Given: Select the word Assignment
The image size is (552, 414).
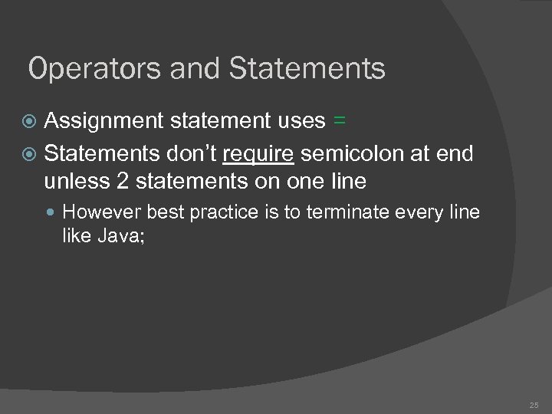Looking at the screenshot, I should point(103,121).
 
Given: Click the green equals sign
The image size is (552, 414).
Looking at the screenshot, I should point(340,121).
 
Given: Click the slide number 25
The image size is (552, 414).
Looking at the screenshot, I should point(534,403).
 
